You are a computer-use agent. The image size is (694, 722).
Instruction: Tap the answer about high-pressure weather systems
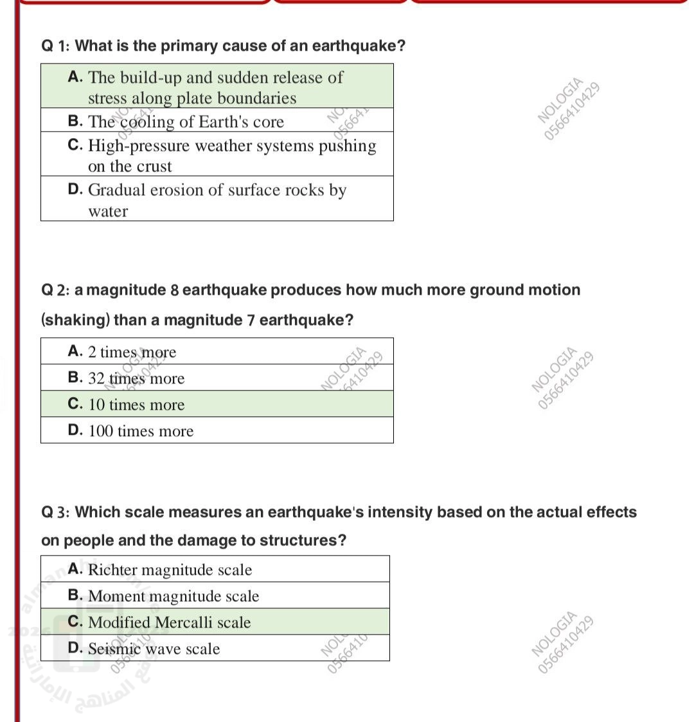[222, 155]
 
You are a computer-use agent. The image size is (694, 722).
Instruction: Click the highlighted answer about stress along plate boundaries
[206, 87]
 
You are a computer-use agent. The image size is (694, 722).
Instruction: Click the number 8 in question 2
[174, 290]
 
